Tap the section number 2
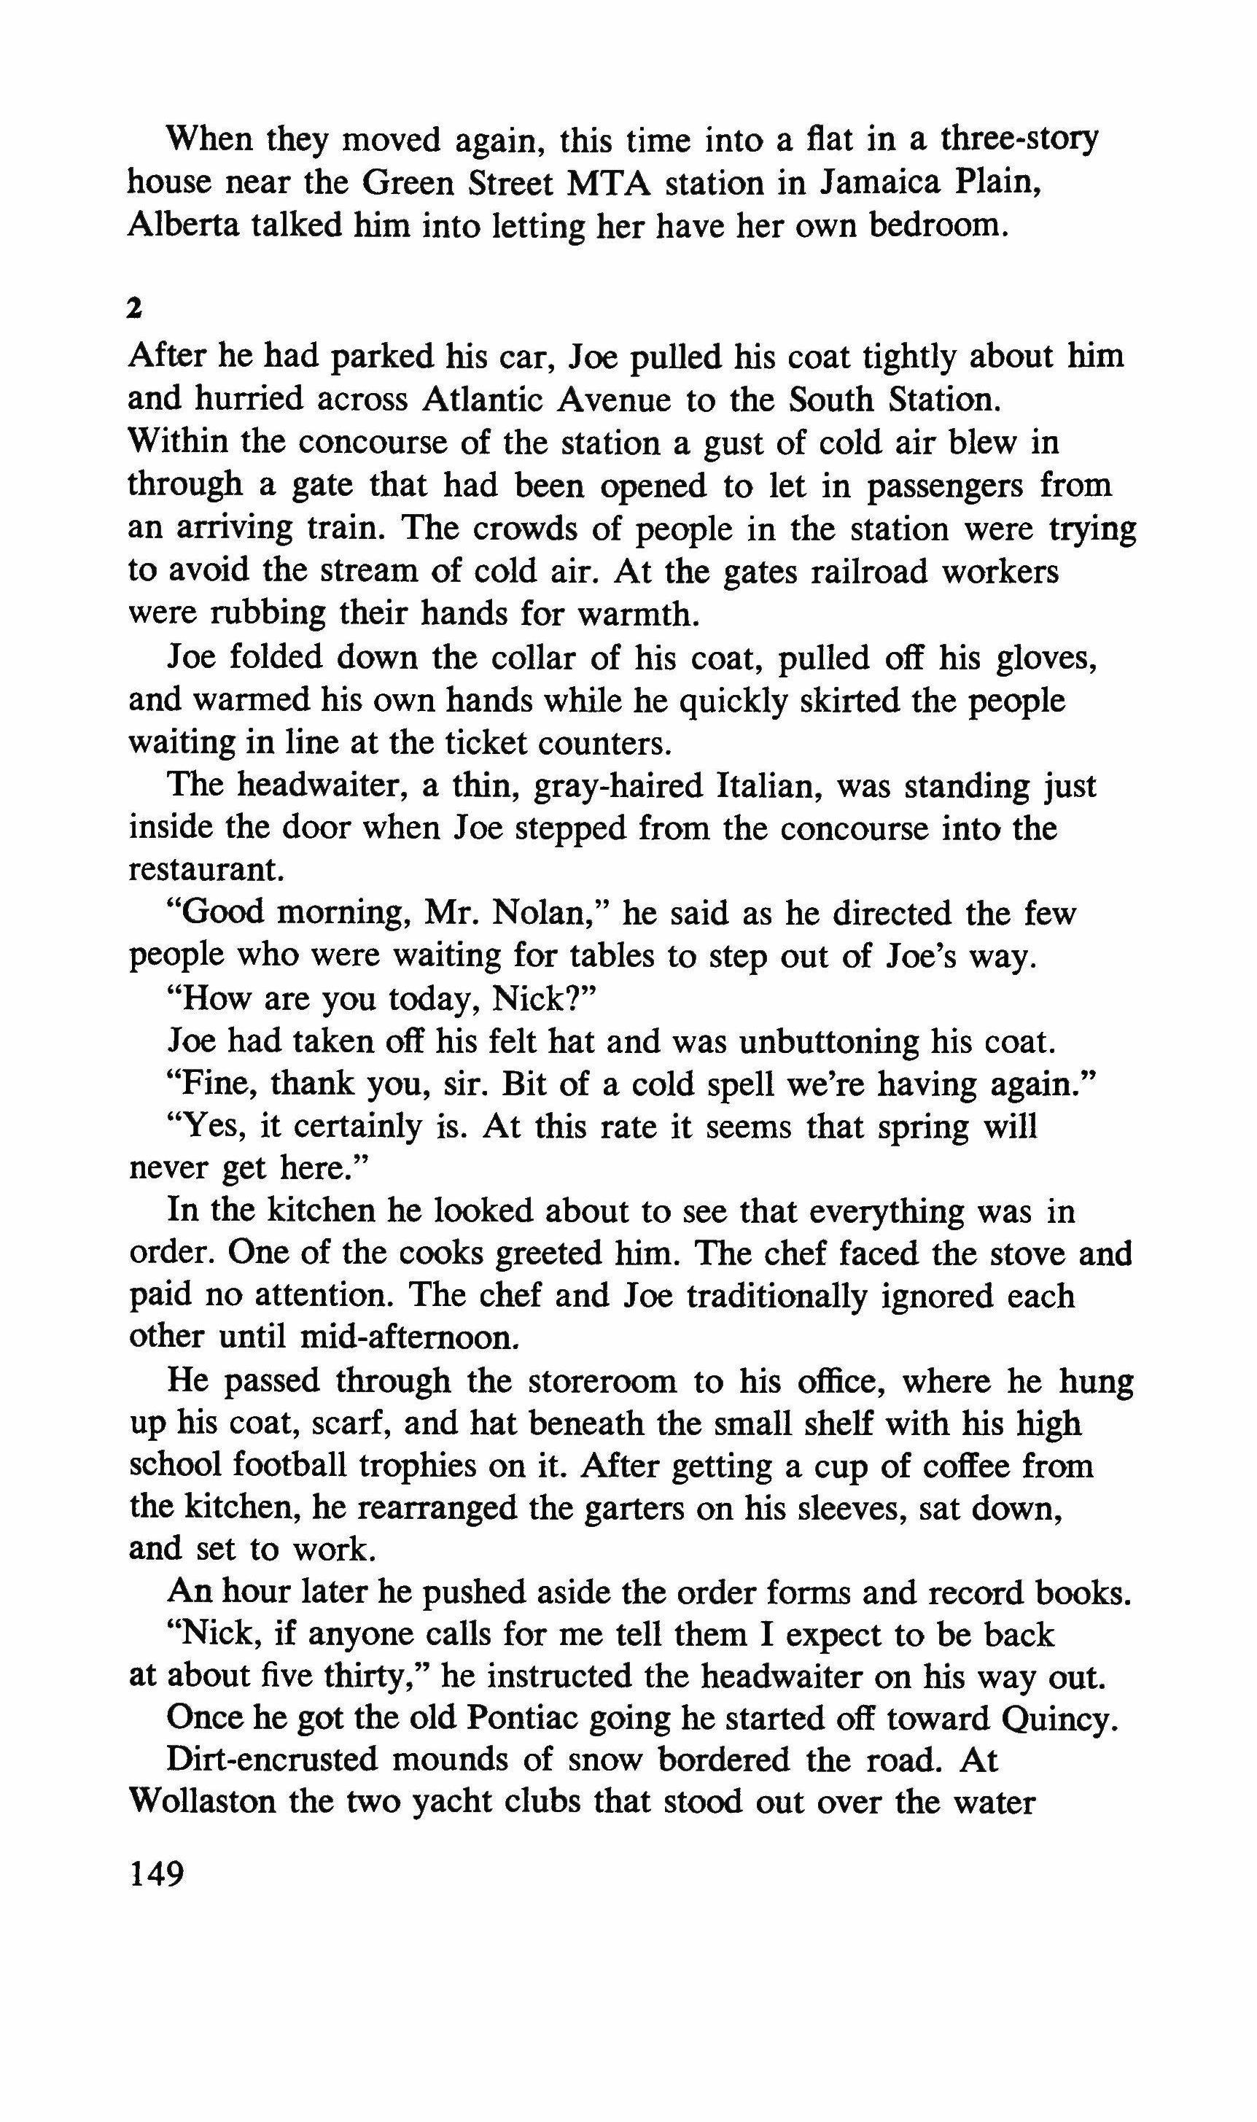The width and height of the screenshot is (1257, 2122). (x=133, y=310)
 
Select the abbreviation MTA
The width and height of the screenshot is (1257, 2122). (x=608, y=183)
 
